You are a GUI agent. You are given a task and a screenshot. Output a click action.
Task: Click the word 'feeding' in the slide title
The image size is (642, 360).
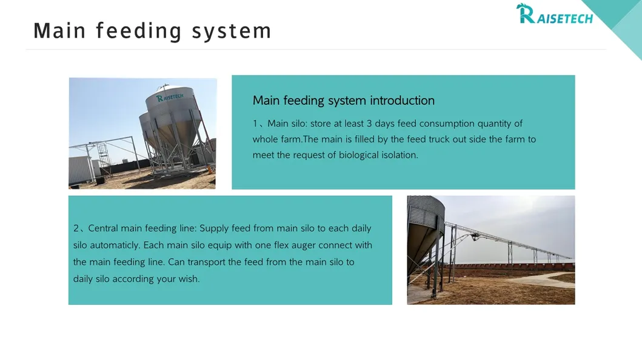(x=139, y=31)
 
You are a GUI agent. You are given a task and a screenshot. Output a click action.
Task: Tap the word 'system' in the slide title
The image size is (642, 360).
(x=232, y=31)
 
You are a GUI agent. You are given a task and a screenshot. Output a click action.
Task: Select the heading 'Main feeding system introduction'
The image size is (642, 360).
(x=343, y=101)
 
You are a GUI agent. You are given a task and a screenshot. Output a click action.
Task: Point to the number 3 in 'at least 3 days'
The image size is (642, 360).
(x=369, y=124)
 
